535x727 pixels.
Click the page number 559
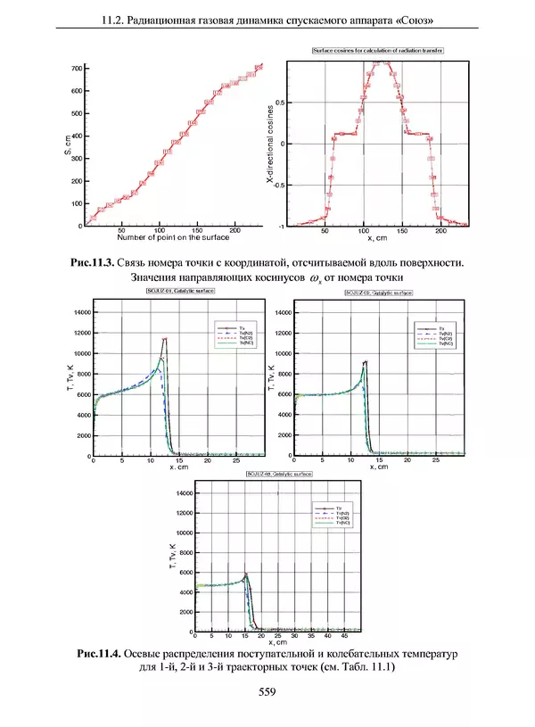[x=267, y=691]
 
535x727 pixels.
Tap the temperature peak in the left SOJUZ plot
[x=164, y=339]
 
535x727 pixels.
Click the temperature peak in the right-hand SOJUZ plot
[x=366, y=361]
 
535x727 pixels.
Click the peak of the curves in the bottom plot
[x=245, y=574]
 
